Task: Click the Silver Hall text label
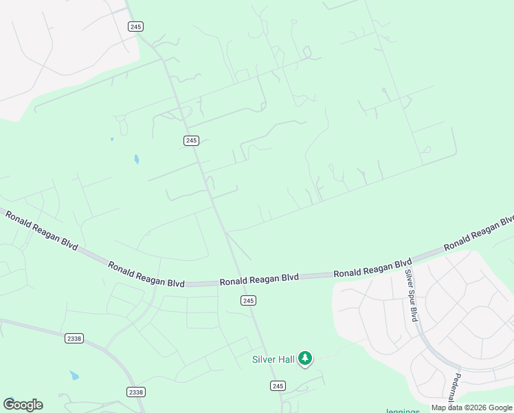tap(273, 359)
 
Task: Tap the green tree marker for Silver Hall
tap(306, 359)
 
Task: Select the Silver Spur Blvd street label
tap(412, 295)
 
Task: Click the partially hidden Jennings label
tap(402, 410)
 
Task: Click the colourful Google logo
tap(23, 405)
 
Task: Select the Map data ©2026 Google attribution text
tap(471, 407)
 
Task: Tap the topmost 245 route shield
tap(135, 26)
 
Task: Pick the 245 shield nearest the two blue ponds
tap(191, 140)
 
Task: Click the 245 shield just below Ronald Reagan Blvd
tap(249, 301)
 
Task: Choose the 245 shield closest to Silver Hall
tap(277, 386)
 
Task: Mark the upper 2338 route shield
tap(74, 338)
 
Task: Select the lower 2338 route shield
tap(136, 392)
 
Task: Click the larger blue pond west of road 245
tap(136, 160)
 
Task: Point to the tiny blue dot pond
tap(112, 139)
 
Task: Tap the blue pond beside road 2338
tap(74, 376)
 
